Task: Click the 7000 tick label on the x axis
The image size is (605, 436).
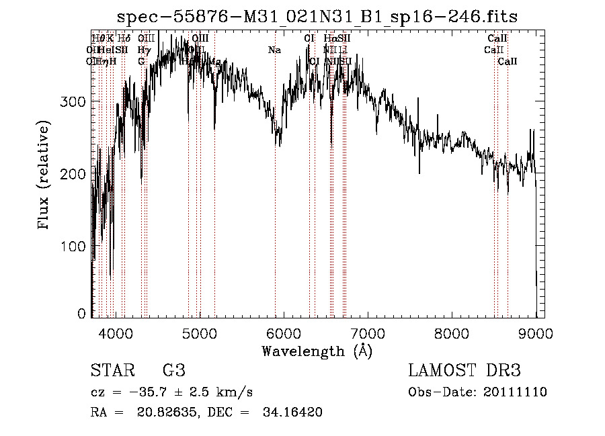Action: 368,333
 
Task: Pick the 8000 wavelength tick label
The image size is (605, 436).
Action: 452,333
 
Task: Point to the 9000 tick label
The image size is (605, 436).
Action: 536,333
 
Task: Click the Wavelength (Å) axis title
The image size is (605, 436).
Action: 317,351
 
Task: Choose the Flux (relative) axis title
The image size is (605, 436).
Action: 44,175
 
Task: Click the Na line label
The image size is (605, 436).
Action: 274,50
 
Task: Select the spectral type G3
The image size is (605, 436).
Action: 173,371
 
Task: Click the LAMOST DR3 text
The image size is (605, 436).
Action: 465,371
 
